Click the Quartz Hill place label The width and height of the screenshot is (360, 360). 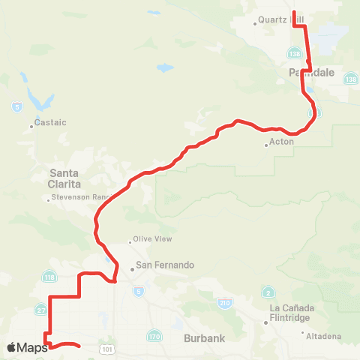278,19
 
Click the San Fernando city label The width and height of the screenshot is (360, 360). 165,265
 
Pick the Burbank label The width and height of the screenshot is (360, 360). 203,338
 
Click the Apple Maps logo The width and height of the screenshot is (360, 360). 26,347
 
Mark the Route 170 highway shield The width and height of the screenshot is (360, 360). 154,335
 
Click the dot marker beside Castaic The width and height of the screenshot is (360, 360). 31,126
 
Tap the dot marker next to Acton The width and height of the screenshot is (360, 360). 266,145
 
